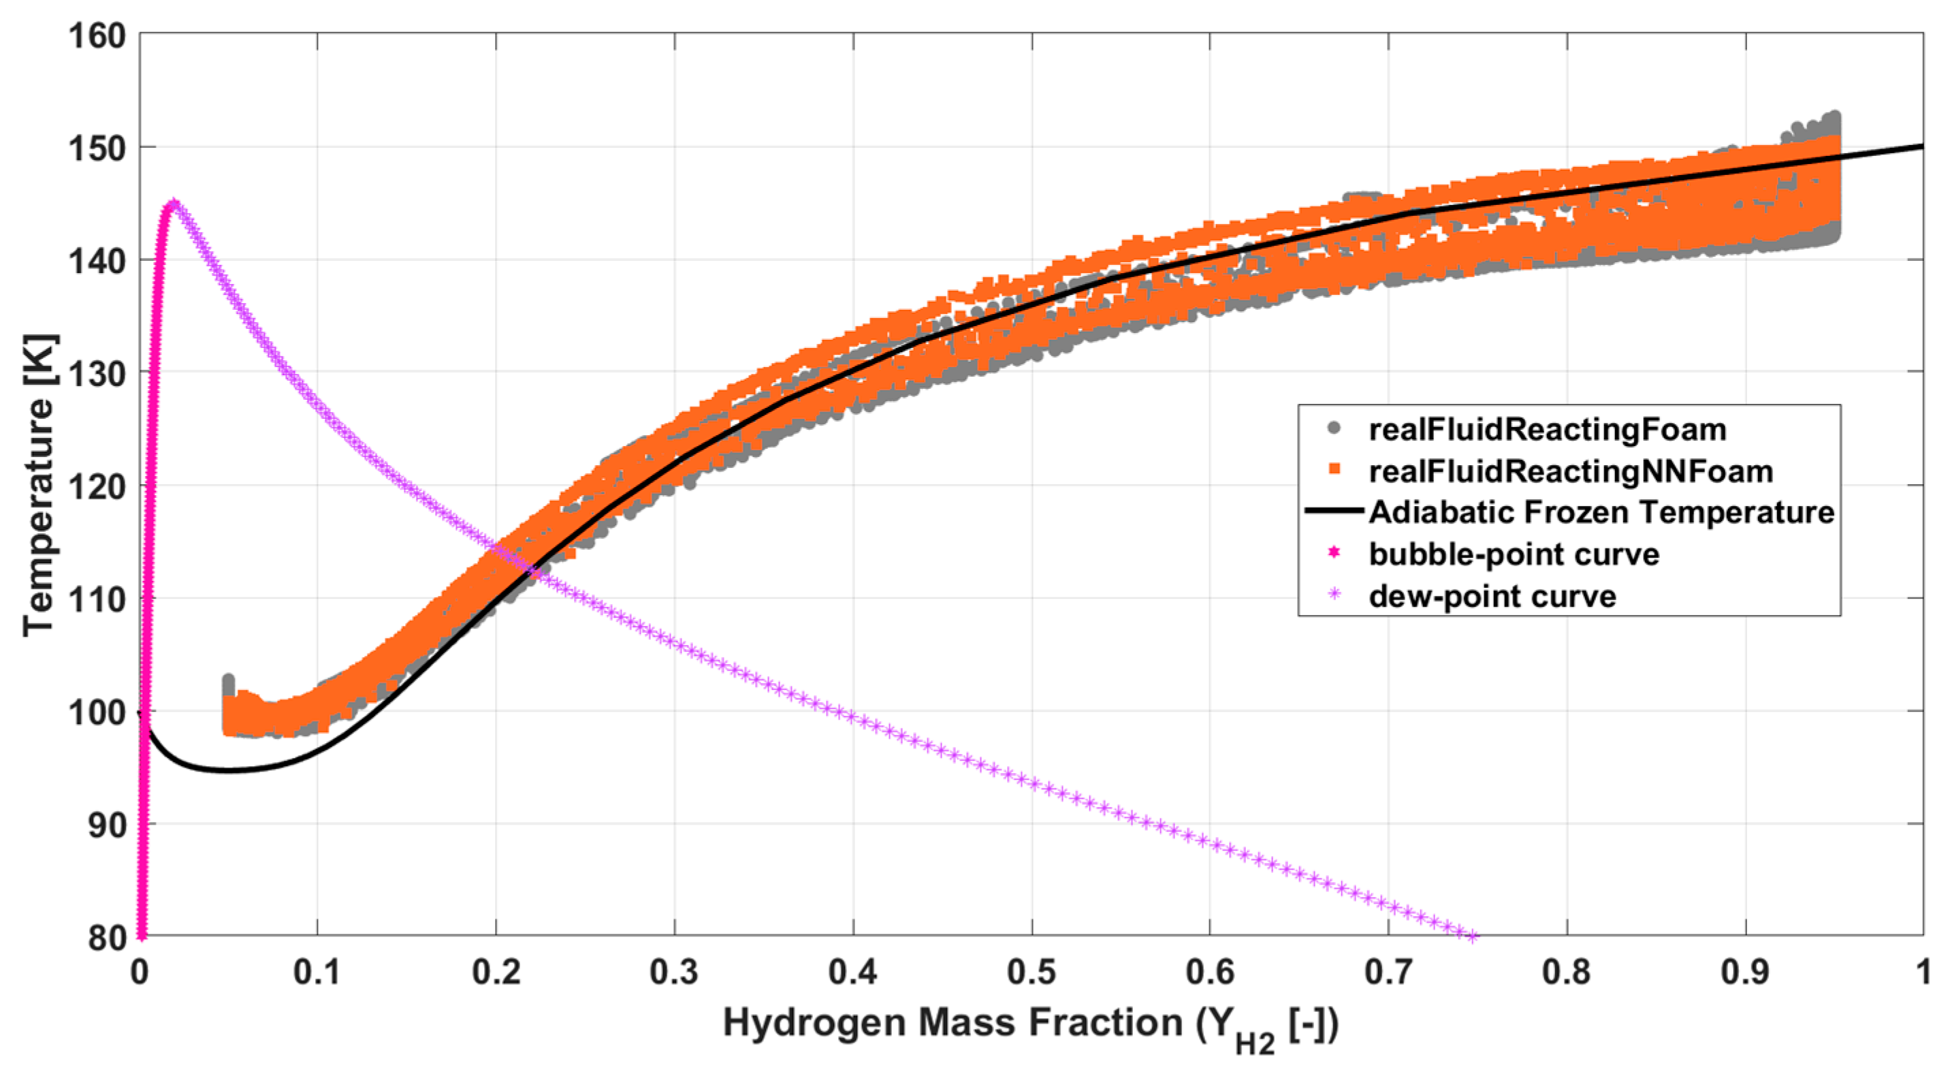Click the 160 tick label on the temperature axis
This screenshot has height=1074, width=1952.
(97, 35)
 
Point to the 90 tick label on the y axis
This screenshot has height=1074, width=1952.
(106, 825)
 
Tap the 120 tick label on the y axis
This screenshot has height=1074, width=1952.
(97, 486)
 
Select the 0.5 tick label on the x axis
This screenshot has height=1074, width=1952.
(1031, 972)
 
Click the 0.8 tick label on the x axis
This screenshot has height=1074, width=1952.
(1567, 972)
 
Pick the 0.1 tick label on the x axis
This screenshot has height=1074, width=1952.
(317, 972)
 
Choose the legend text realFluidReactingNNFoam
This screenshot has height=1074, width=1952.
(1571, 471)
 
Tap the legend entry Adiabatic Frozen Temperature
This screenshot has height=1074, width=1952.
(1601, 512)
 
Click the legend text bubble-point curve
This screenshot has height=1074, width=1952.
(1514, 554)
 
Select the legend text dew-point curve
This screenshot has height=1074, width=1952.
(1492, 597)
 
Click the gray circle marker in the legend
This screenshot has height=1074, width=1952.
(1334, 429)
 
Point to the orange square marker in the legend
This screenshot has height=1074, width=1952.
(1334, 470)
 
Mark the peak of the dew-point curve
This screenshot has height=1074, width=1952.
(174, 203)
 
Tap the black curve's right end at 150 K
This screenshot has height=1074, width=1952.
(1921, 146)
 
